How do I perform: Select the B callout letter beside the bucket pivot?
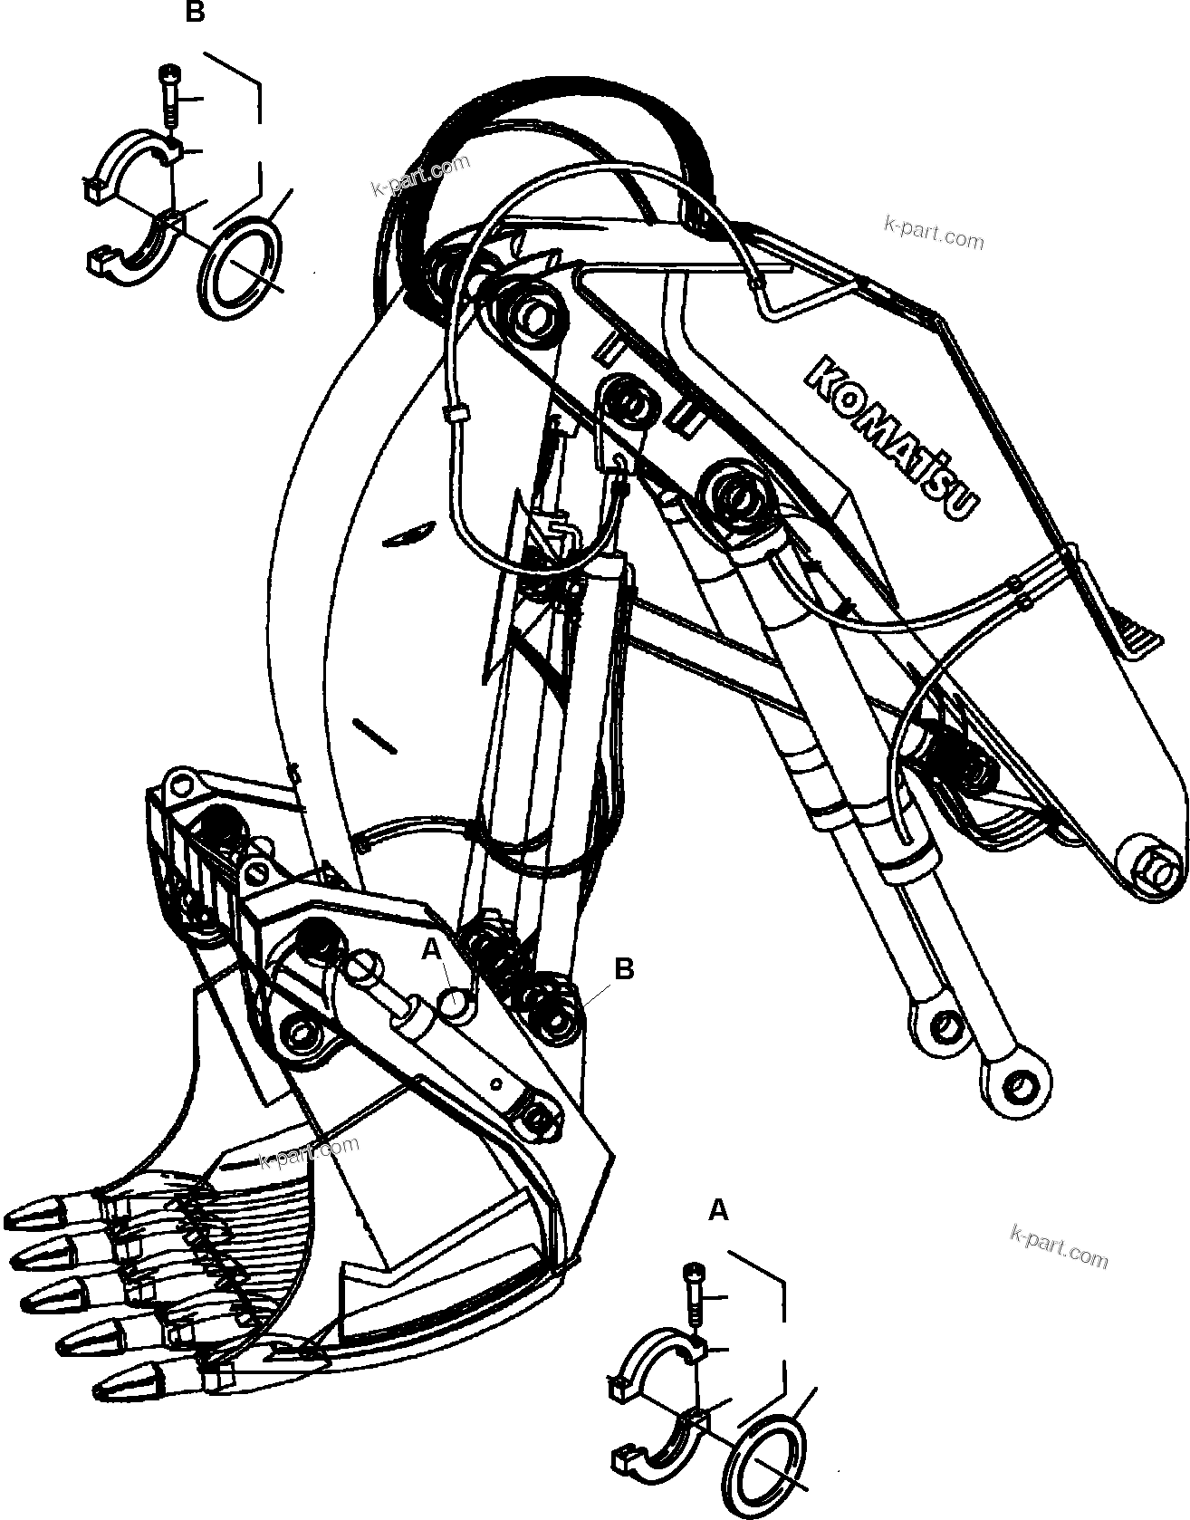coord(624,968)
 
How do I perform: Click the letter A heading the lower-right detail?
coord(717,1210)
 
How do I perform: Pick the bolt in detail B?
coord(168,95)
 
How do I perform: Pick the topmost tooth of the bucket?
coord(45,1213)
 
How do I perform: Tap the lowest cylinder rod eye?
coord(1019,1083)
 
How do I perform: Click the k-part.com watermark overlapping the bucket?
coord(308,1151)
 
